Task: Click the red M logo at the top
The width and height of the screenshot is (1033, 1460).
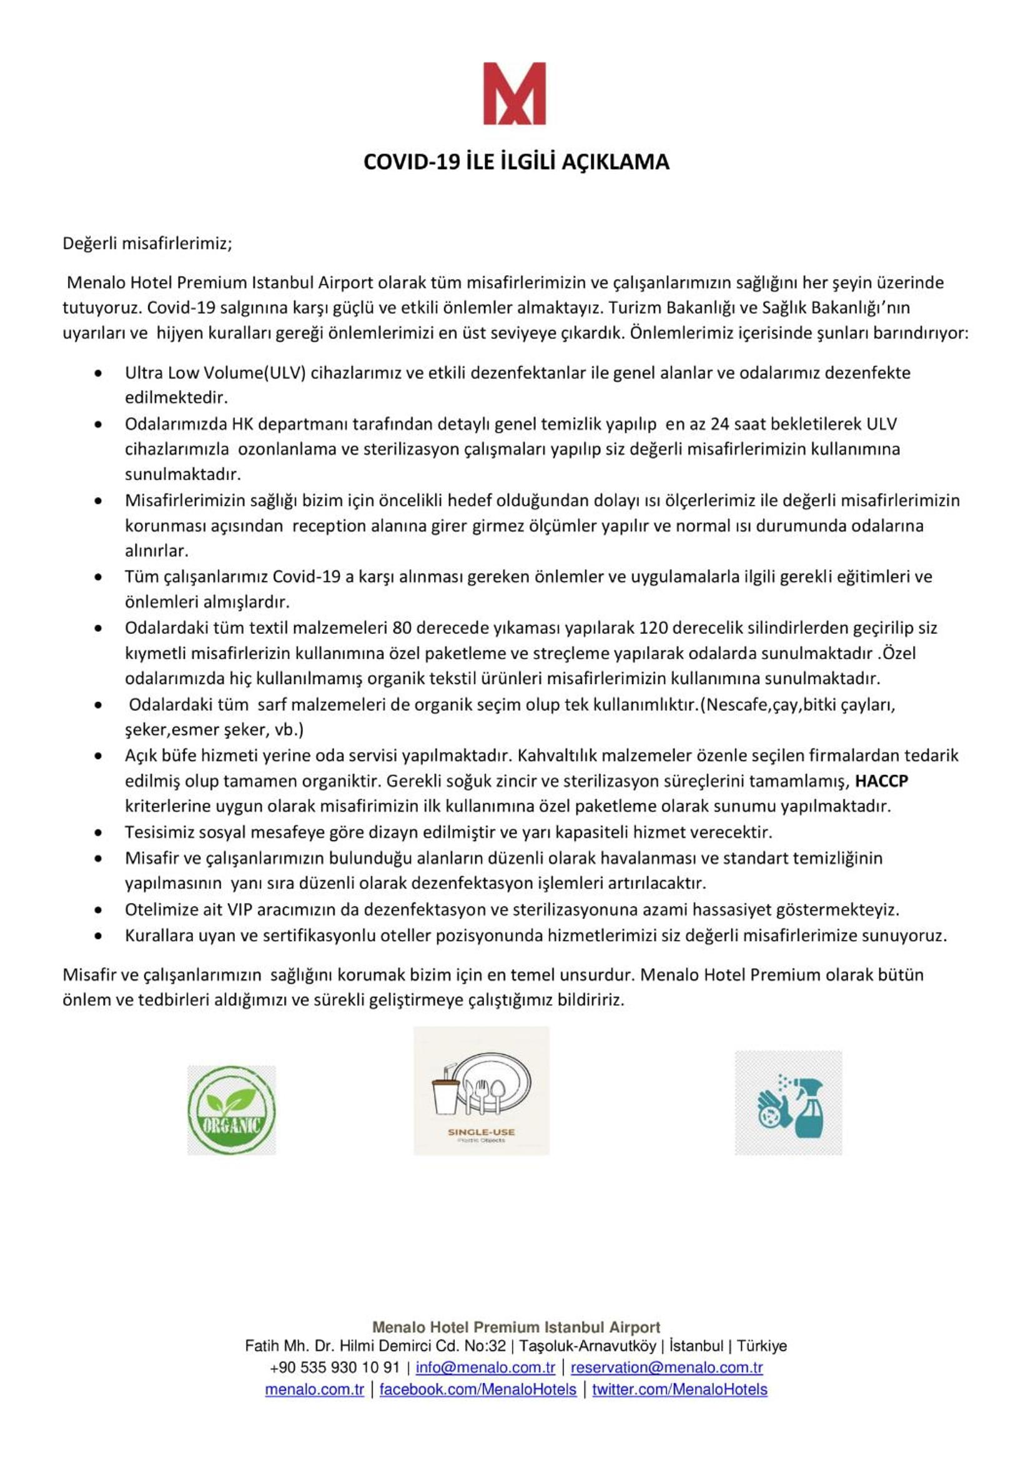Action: click(x=514, y=94)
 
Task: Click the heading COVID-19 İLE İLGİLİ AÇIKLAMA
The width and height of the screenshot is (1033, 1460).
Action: click(x=516, y=162)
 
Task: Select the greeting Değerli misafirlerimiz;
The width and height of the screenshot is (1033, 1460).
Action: click(x=147, y=244)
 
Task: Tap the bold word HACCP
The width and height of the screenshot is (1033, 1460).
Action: click(x=881, y=781)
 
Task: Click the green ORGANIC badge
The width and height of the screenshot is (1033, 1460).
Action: click(x=232, y=1110)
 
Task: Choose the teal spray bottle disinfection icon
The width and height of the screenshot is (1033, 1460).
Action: click(x=788, y=1103)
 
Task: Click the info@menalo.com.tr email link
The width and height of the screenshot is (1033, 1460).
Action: click(x=485, y=1367)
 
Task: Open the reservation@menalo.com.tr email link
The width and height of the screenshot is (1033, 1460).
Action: click(x=666, y=1367)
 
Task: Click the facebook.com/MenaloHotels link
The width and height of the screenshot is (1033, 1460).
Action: click(x=478, y=1389)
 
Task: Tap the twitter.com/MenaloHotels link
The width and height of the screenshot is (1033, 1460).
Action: click(x=680, y=1389)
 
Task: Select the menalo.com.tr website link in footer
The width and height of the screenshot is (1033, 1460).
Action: click(x=314, y=1389)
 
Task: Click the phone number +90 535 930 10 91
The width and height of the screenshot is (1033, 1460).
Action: click(x=335, y=1367)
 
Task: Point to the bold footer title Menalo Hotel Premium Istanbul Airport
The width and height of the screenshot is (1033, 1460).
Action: click(x=516, y=1327)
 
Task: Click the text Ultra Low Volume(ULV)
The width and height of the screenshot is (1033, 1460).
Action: click(x=215, y=373)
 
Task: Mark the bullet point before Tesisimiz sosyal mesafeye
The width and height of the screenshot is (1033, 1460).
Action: click(x=97, y=832)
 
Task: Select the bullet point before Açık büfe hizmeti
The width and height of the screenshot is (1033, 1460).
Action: click(x=97, y=756)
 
